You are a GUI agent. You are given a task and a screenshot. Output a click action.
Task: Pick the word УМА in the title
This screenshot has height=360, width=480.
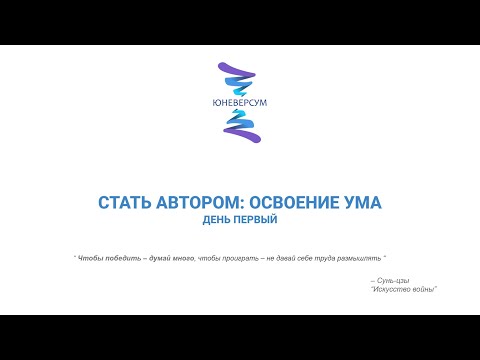tap(363, 202)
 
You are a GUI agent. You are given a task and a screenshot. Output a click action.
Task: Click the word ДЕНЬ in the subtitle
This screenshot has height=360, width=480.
tap(219, 219)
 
